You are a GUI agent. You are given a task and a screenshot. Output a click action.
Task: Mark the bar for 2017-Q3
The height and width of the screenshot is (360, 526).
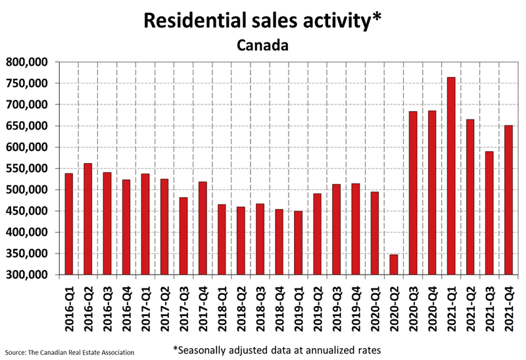(183, 236)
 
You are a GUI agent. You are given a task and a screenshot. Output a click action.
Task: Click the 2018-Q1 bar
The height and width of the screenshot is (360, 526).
(222, 240)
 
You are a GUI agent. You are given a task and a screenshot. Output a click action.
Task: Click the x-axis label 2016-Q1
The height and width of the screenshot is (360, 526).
(68, 309)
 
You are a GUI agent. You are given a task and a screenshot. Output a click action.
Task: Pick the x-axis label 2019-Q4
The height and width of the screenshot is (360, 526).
(356, 309)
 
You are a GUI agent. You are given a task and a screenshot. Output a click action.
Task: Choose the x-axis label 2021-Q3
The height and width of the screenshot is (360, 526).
(489, 309)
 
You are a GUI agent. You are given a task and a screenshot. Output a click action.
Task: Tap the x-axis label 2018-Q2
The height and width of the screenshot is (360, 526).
(241, 309)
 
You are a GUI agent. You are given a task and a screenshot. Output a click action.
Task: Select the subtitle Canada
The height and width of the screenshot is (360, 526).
(262, 47)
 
